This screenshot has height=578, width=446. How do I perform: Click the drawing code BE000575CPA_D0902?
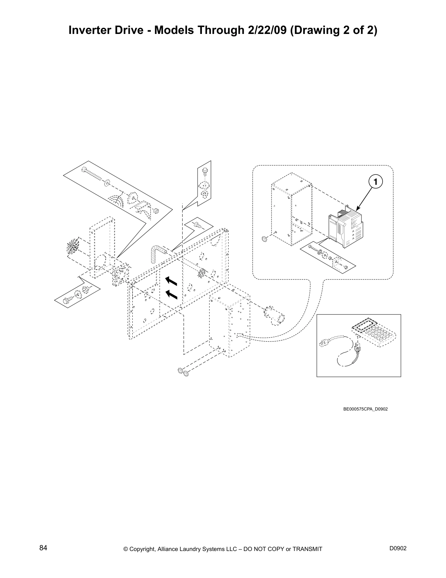click(365, 409)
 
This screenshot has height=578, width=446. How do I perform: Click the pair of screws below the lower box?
click(183, 372)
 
